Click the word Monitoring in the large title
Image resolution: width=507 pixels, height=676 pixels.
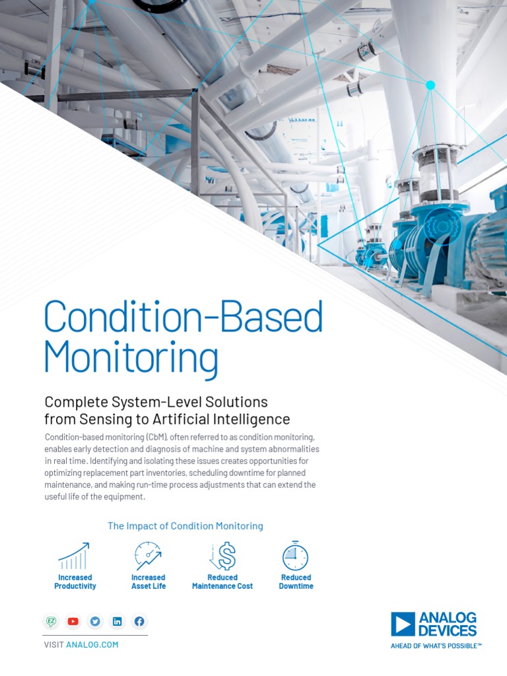(131, 357)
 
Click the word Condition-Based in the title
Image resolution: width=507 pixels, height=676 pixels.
(183, 318)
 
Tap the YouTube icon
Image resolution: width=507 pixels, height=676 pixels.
(73, 621)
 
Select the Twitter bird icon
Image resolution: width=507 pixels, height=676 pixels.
(95, 621)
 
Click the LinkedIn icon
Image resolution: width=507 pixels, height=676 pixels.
(118, 621)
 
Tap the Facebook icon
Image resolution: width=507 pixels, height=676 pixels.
(139, 621)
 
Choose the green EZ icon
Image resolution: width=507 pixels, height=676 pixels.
(51, 621)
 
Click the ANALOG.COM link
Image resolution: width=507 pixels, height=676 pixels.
(92, 644)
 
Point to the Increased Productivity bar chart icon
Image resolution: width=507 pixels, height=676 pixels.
(75, 557)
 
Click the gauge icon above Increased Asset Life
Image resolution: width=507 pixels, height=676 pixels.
(148, 556)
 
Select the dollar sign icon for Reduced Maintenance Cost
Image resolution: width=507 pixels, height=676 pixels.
(223, 557)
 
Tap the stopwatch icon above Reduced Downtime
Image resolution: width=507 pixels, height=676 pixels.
(295, 556)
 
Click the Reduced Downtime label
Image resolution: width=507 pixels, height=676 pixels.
(296, 582)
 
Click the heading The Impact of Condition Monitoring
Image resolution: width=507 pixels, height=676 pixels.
(185, 526)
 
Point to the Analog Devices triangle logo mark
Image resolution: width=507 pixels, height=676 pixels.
(403, 624)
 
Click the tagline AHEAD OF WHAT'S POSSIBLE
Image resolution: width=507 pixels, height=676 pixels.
(436, 646)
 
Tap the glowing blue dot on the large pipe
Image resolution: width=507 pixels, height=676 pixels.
(430, 85)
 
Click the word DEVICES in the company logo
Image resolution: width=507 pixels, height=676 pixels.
(448, 630)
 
